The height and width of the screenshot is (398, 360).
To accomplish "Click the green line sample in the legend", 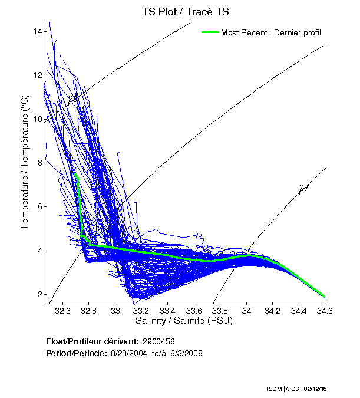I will pyautogui.click(x=209, y=32).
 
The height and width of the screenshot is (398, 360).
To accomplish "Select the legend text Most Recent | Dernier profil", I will pyautogui.click(x=271, y=32).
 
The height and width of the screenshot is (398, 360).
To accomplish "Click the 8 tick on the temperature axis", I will pyautogui.click(x=39, y=163).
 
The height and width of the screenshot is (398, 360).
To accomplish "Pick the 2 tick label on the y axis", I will pyautogui.click(x=39, y=294).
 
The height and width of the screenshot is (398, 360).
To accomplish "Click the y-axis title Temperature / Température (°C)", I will pyautogui.click(x=25, y=162).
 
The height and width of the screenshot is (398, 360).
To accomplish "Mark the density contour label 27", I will pyautogui.click(x=304, y=188).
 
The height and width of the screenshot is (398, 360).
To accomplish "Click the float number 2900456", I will pyautogui.click(x=158, y=341).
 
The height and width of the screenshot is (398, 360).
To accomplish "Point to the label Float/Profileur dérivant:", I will pyautogui.click(x=92, y=341).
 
